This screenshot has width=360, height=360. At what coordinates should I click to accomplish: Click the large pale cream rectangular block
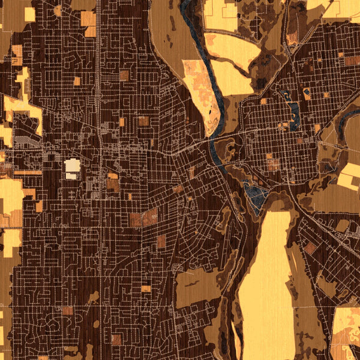click(72, 165)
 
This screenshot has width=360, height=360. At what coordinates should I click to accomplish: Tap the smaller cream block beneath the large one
click(71, 176)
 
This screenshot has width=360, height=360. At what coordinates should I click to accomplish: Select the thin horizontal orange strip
click(27, 173)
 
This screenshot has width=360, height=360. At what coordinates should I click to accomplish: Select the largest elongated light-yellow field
click(267, 282)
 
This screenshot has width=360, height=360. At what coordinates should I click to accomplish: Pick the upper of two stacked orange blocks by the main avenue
click(113, 176)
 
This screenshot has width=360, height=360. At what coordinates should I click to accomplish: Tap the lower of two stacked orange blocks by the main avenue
click(113, 185)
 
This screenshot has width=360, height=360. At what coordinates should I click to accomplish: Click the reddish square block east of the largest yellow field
click(310, 248)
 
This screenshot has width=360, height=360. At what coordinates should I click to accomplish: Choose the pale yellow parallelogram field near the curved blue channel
click(348, 178)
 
